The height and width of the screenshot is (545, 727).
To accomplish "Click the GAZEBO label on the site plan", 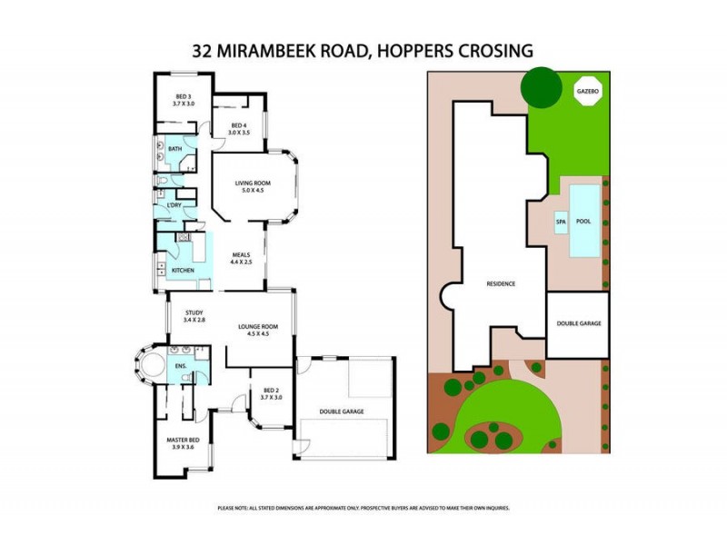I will pyautogui.click(x=587, y=92).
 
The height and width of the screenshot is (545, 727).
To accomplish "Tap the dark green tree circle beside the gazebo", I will pyautogui.click(x=540, y=87).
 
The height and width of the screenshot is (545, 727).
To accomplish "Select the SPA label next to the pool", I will pyautogui.click(x=560, y=221).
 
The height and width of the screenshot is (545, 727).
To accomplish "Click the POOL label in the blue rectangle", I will pyautogui.click(x=583, y=221).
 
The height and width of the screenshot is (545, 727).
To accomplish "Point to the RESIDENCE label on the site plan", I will pyautogui.click(x=500, y=283).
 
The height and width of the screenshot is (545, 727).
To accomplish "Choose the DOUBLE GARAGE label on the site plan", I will pyautogui.click(x=578, y=323).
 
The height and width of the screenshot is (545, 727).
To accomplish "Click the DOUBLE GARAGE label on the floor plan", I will pyautogui.click(x=341, y=411).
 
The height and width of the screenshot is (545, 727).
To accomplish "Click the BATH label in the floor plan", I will pyautogui.click(x=174, y=150).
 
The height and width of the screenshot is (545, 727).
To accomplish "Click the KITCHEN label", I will pyautogui.click(x=184, y=271).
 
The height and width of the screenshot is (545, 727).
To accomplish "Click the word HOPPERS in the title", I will pyautogui.click(x=410, y=51).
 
